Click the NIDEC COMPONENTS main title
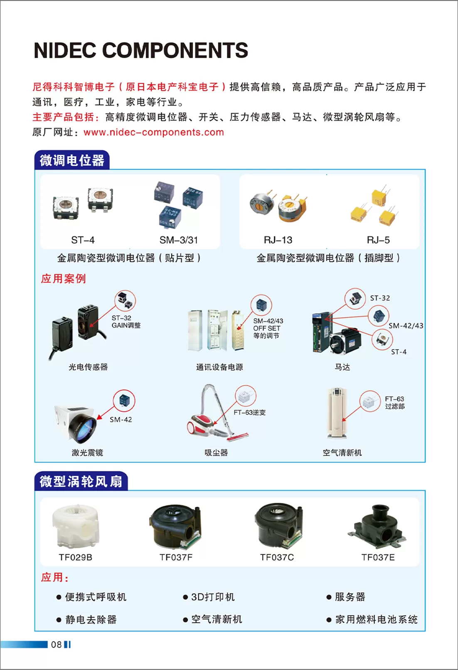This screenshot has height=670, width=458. coord(141,50)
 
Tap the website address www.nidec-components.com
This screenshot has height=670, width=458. coord(154,132)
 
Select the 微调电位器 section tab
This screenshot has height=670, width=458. coord(72,160)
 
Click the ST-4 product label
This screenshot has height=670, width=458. coord(83,240)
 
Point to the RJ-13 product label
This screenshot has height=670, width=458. coord(278,240)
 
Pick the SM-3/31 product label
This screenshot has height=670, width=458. coord(179,240)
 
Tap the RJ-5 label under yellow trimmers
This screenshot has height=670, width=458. coord(378,240)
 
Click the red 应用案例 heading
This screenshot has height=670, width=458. coord(64,278)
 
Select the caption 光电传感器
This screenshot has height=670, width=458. coord(88,367)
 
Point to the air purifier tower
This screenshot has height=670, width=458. coord(337,413)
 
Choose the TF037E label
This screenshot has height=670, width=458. coord(378,557)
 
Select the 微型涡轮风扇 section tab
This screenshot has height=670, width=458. coord(81,481)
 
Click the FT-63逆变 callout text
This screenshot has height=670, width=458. coord(249,412)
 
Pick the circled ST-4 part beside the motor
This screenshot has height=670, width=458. coord(382,340)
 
